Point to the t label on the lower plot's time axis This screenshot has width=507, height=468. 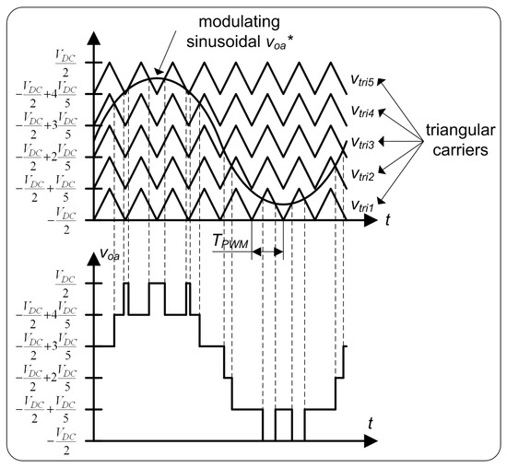click(369, 421)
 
